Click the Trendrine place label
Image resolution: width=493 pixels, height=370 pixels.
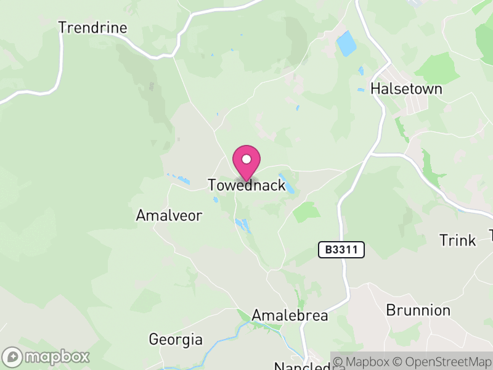tap(92, 28)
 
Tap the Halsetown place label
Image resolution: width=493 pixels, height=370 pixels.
tap(406, 89)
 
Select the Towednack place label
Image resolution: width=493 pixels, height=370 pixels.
tap(246, 185)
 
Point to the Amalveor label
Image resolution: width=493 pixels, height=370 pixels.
tap(169, 215)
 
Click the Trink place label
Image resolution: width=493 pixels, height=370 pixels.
tap(457, 240)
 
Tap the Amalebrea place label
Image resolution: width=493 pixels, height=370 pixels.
tap(290, 316)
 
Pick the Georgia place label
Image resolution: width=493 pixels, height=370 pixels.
tap(176, 339)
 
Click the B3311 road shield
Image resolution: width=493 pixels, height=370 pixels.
tap(341, 250)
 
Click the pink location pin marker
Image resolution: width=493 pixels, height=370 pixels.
tap(246, 163)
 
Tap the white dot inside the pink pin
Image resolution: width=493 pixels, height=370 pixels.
tap(246, 159)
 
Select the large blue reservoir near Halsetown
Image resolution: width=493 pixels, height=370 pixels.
tap(346, 43)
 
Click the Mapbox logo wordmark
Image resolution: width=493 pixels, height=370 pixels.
tap(57, 356)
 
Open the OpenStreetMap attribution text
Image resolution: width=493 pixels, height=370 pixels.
tap(441, 361)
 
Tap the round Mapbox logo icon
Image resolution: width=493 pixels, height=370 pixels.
tap(12, 356)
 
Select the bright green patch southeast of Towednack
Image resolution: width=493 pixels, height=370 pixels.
tap(306, 212)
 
